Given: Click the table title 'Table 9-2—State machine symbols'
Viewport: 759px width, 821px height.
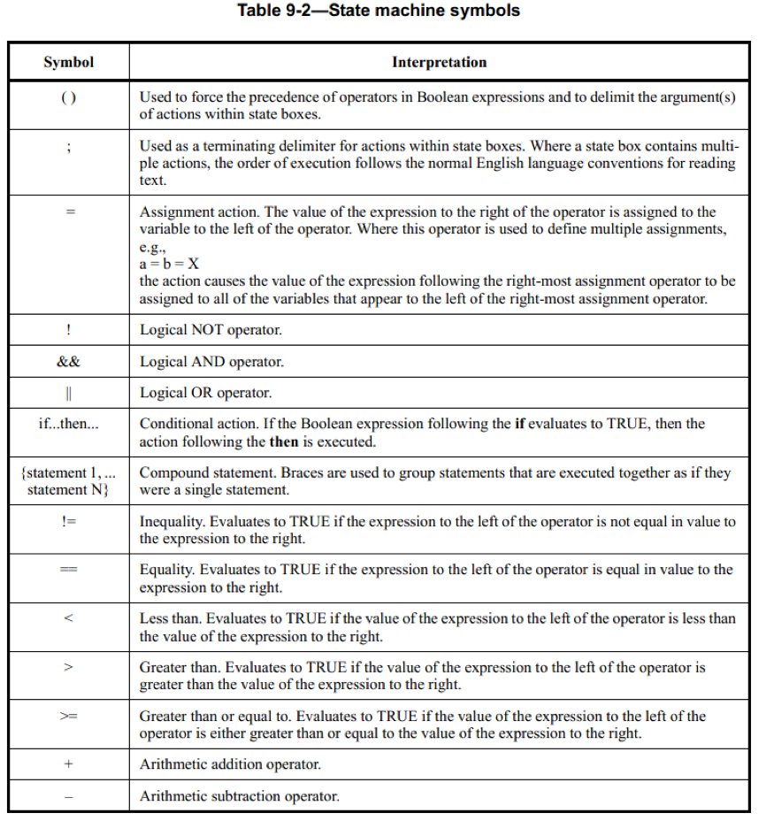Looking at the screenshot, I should click(x=379, y=12).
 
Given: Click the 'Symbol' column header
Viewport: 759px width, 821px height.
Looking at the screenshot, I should click(x=68, y=62).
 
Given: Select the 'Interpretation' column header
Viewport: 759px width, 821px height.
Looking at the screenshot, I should click(x=439, y=62).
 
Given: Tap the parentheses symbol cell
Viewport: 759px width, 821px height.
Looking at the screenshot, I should click(x=68, y=97).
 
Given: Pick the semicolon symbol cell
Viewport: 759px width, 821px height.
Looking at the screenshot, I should click(x=68, y=147).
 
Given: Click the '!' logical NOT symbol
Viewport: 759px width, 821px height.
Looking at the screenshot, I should click(x=68, y=330).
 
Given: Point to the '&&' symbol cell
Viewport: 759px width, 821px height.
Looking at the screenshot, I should click(x=68, y=362).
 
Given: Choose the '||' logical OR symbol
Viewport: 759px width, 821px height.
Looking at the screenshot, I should click(x=68, y=393).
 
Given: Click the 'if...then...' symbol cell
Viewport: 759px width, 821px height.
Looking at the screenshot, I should click(x=68, y=424).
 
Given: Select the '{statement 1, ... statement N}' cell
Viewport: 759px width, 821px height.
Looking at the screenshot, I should click(x=68, y=481).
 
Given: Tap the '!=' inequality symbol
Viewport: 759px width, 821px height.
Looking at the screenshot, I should click(x=68, y=522).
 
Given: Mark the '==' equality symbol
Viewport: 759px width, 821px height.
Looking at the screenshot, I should click(x=68, y=571).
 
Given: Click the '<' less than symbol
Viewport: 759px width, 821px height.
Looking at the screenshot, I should click(x=68, y=618).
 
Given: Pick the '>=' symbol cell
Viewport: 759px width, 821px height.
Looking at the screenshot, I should click(x=68, y=717).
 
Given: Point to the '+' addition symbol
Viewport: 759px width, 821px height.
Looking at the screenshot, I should click(x=68, y=764).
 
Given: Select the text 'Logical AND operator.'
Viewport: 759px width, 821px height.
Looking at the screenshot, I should click(x=211, y=362).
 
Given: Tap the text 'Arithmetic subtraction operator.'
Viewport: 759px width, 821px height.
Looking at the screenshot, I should click(x=239, y=796).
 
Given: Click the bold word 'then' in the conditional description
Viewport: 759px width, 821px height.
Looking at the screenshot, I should click(x=283, y=441).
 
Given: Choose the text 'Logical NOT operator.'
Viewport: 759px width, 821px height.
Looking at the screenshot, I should click(x=211, y=330).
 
